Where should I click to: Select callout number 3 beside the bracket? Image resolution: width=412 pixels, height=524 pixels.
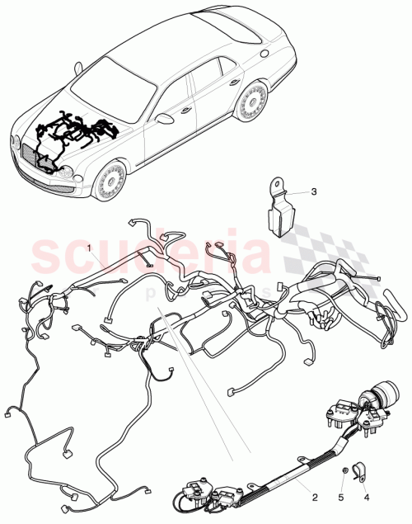[x=313, y=191]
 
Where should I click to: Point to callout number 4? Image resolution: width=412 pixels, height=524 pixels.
[x=367, y=498]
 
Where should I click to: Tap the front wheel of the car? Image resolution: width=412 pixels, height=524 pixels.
[x=109, y=182]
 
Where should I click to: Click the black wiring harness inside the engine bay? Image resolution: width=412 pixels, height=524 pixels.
[x=74, y=136]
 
